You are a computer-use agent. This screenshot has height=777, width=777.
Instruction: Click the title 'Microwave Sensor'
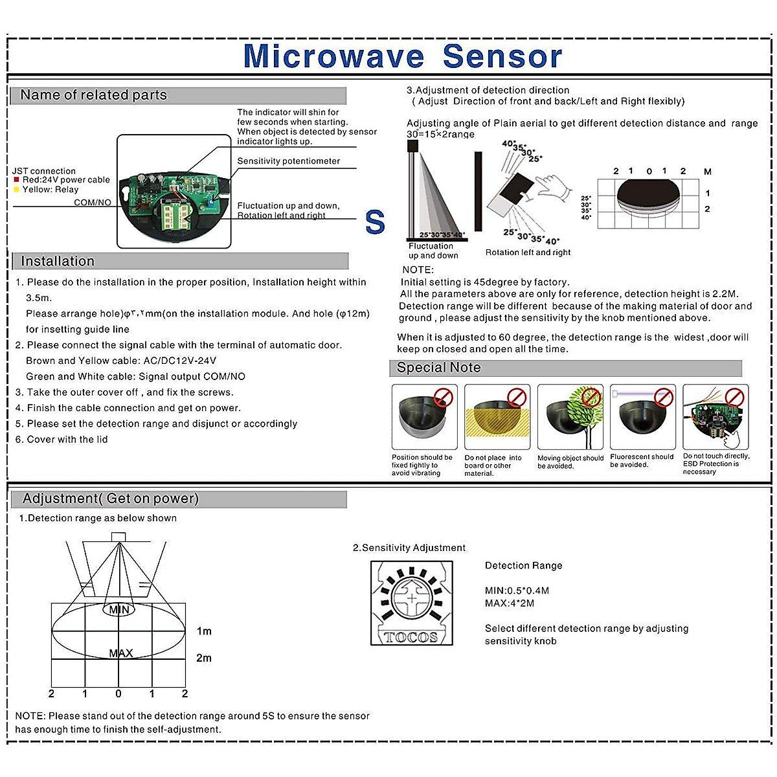pos(402,56)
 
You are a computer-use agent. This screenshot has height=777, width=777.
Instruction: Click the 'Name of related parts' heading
pos(93,95)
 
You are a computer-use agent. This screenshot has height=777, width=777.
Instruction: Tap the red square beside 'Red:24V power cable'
pos(16,180)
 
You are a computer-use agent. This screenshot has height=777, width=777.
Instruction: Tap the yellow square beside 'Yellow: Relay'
pos(16,190)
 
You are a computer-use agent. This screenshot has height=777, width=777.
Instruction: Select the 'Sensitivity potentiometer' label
pos(288,161)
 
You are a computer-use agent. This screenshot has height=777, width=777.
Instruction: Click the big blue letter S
pos(375,223)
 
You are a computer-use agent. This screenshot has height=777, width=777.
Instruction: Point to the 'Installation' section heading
pos(58,262)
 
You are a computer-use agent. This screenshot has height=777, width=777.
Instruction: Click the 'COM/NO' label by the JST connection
pos(92,203)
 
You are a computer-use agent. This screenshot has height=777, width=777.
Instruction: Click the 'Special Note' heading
pos(438,368)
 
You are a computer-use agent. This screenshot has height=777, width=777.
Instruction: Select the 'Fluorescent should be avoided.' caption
pos(642,460)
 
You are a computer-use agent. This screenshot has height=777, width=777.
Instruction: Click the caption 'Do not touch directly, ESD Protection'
pos(715,464)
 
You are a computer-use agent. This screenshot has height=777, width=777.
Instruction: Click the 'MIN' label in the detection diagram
pos(118,610)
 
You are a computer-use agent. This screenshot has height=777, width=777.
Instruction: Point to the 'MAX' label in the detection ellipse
pos(121,653)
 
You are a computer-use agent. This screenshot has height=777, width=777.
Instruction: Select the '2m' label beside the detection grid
pos(204,658)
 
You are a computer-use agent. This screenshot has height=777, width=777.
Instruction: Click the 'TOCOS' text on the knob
pos(411,637)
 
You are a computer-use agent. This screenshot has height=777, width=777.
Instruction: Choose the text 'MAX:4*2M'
pos(510,603)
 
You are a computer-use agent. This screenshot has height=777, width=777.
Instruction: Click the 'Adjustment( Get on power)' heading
pos(111,499)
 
